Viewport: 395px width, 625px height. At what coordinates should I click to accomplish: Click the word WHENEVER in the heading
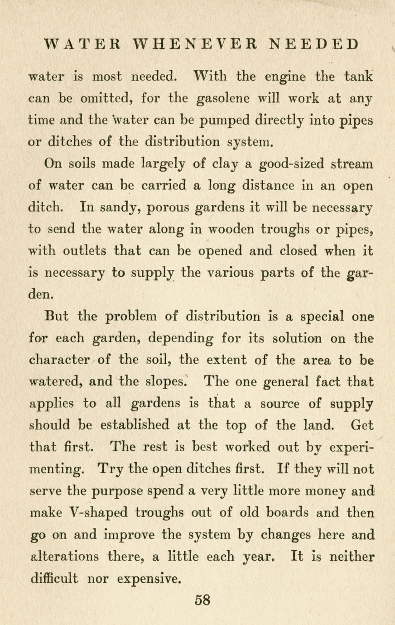point(196,44)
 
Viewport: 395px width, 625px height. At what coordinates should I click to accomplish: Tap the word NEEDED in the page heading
point(313,44)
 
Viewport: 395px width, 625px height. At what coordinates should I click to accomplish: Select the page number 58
point(202,600)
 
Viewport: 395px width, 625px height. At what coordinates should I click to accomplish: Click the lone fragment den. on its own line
point(42,294)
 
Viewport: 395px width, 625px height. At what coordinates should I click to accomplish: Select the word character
point(59,360)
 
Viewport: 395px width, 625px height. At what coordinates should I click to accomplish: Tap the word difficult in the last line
point(53,578)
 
